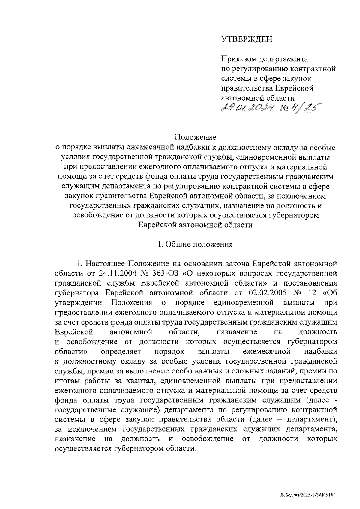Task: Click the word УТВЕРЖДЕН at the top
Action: pyautogui.click(x=247, y=39)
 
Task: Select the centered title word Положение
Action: pyautogui.click(x=196, y=138)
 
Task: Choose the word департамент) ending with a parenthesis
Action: pyautogui.click(x=313, y=419)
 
